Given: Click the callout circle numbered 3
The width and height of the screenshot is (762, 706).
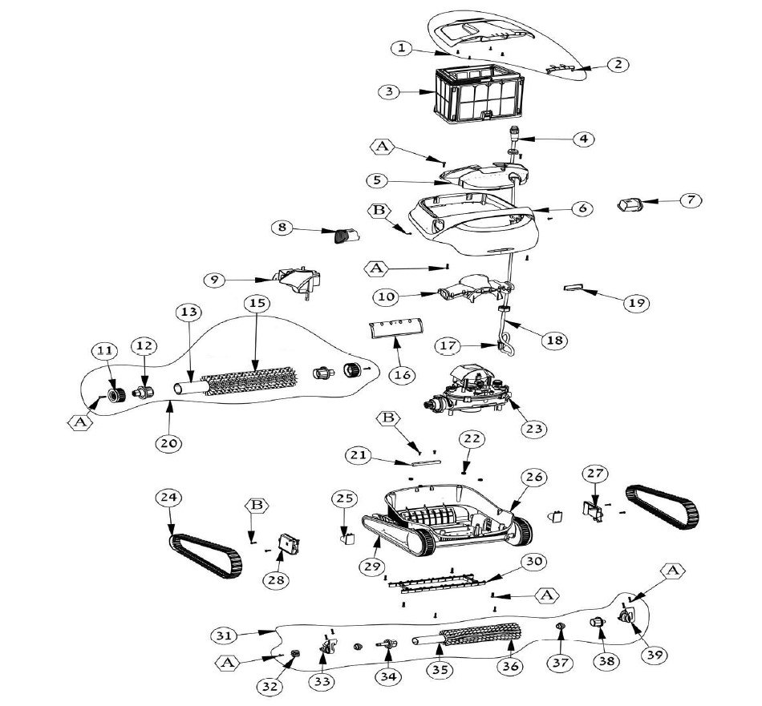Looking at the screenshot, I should (x=389, y=91).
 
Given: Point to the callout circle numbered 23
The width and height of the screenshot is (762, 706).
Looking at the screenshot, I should (x=531, y=429).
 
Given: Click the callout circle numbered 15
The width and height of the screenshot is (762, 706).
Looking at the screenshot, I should (x=256, y=305).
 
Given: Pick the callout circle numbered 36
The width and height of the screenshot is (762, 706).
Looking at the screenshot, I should (x=511, y=666).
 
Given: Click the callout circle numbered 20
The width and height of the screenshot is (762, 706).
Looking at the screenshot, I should (x=172, y=442).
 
